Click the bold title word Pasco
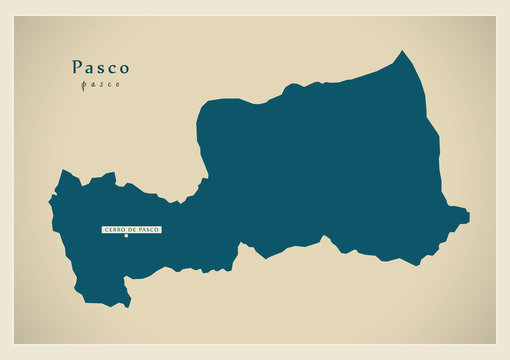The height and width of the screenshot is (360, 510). coord(100,68)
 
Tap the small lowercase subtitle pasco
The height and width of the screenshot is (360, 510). coord(100,85)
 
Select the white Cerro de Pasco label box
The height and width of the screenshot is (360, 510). coord(131,230)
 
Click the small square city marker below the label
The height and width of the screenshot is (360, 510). coord(126,238)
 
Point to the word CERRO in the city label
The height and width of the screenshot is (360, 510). coord(115,230)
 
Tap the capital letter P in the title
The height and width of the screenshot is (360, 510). coord(77,68)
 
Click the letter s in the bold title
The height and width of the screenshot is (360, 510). coord(101,69)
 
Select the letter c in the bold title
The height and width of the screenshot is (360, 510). coord(111,69)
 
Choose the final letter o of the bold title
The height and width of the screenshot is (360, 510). coord(123,69)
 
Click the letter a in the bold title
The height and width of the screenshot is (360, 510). coord(90,69)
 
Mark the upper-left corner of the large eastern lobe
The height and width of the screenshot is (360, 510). coord(204,103)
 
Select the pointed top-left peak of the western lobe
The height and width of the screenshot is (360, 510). coord(65,172)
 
